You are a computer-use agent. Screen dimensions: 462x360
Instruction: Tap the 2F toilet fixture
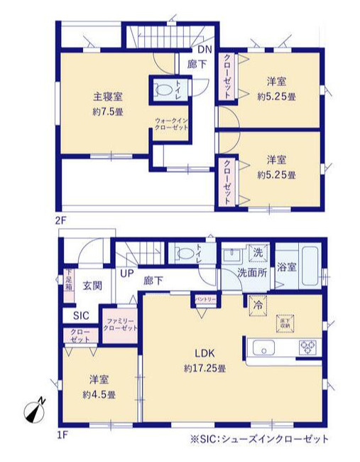[163, 90]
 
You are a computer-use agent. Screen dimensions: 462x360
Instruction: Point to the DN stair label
[204, 49]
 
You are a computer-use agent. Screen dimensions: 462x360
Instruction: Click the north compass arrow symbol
[32, 412]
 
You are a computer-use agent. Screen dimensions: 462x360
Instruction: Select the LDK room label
[202, 353]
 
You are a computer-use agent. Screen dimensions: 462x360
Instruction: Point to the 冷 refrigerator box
[256, 302]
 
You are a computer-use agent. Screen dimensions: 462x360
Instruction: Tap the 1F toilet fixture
[185, 252]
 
